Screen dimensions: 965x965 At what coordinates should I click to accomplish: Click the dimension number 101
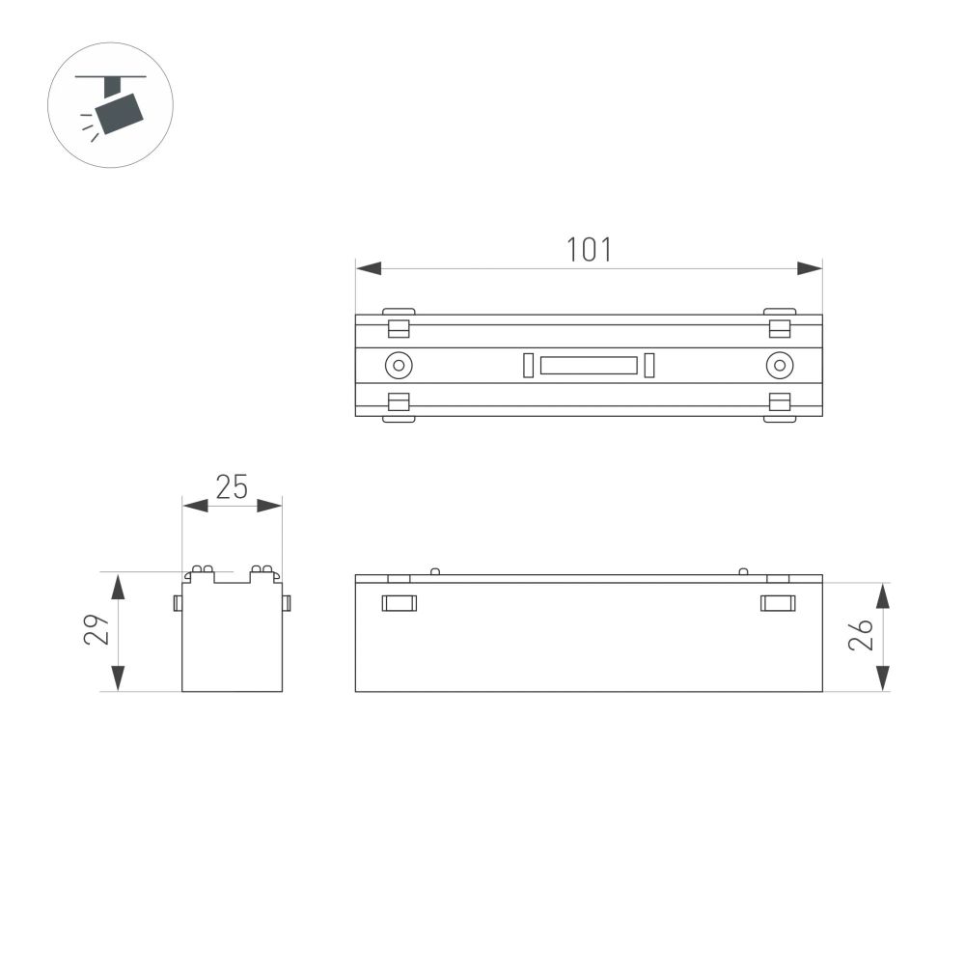coord(589,249)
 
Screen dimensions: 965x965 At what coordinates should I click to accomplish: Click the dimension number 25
coord(232,487)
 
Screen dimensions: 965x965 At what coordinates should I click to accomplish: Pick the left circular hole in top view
coord(398,365)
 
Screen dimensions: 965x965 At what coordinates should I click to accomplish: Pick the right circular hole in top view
coord(779,365)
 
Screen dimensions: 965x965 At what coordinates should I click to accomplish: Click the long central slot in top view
coord(589,365)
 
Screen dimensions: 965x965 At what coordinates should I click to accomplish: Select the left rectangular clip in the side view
coord(399,603)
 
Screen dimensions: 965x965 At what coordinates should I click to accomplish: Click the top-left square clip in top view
coord(399,327)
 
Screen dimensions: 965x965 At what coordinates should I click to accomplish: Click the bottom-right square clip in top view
coord(779,401)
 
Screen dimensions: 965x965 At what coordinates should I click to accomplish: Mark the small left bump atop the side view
coord(434,571)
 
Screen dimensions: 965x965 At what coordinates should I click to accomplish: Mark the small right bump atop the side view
coord(742,571)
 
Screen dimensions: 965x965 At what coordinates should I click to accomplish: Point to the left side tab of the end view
coord(178,603)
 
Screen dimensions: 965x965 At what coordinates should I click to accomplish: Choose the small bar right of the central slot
coord(649,365)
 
